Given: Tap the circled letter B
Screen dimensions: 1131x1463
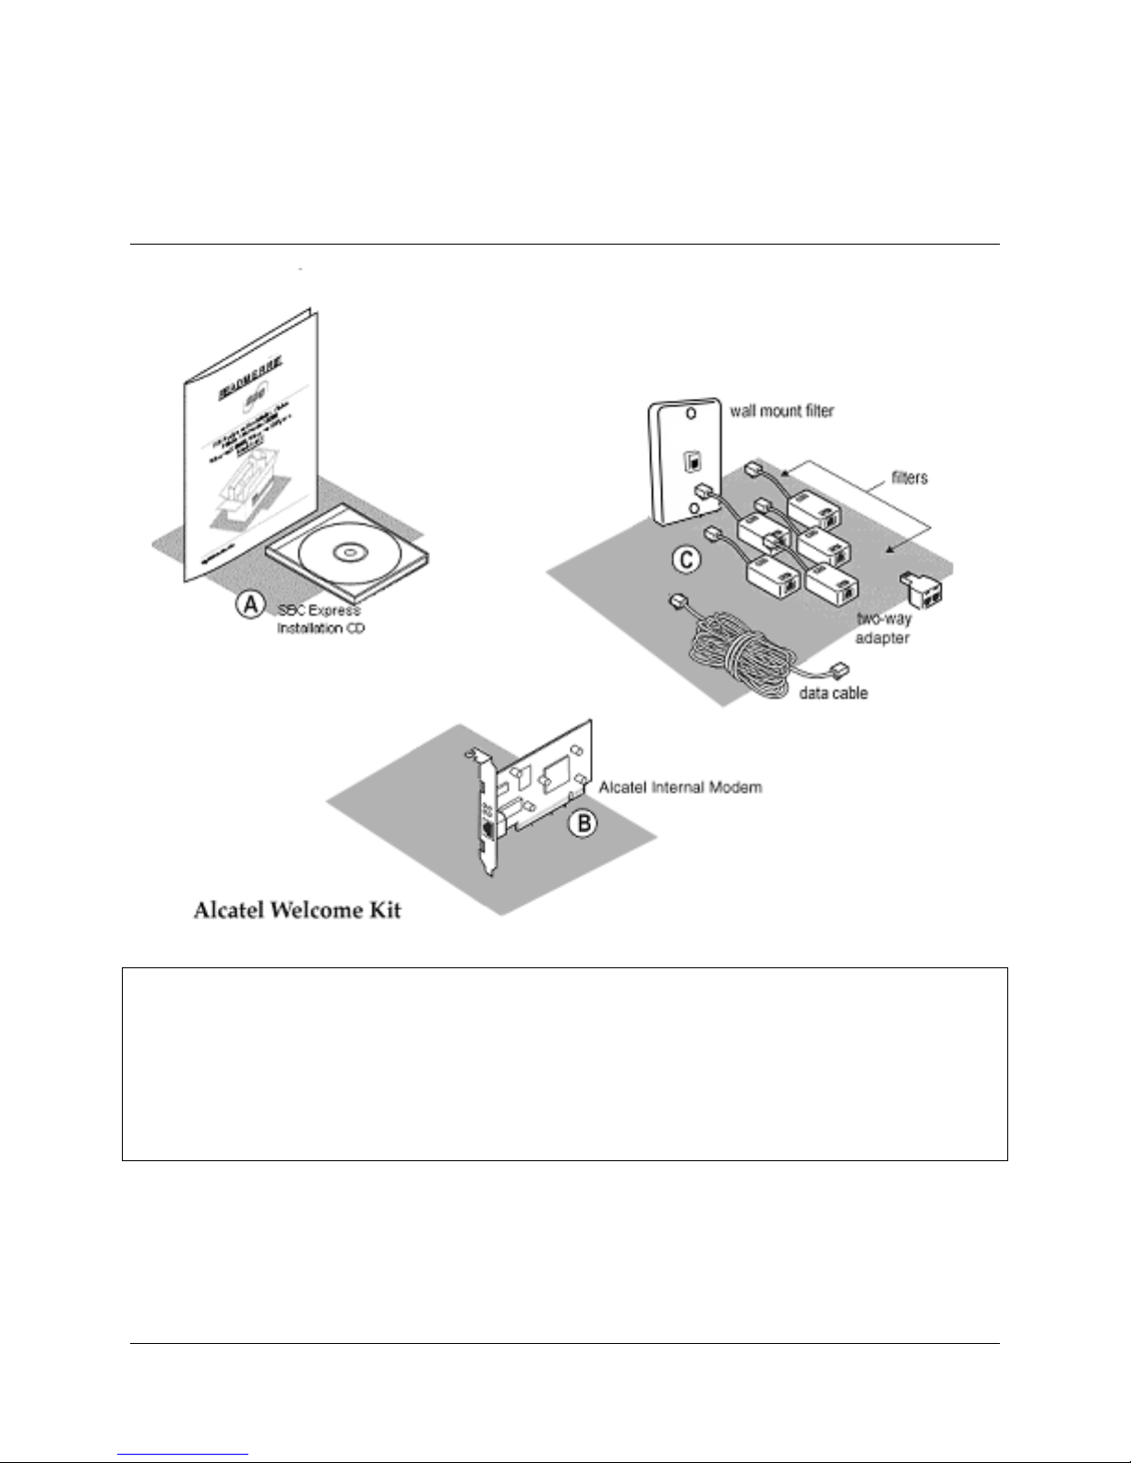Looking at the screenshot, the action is point(584,822).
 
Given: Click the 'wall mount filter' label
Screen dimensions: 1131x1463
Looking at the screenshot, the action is point(782,410).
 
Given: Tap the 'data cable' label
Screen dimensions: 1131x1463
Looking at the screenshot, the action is point(834,692).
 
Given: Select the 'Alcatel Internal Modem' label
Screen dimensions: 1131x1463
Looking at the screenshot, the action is point(680,787).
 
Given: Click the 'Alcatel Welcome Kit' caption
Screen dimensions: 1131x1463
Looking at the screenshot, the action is point(297,910).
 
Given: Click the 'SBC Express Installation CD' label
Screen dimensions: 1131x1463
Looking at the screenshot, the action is point(319,618).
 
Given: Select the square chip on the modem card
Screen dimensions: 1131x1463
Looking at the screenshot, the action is point(559,769).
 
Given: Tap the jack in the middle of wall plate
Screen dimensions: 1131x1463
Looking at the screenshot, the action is point(688,459).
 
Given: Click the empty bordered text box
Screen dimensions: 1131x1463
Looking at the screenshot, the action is point(564,1063).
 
